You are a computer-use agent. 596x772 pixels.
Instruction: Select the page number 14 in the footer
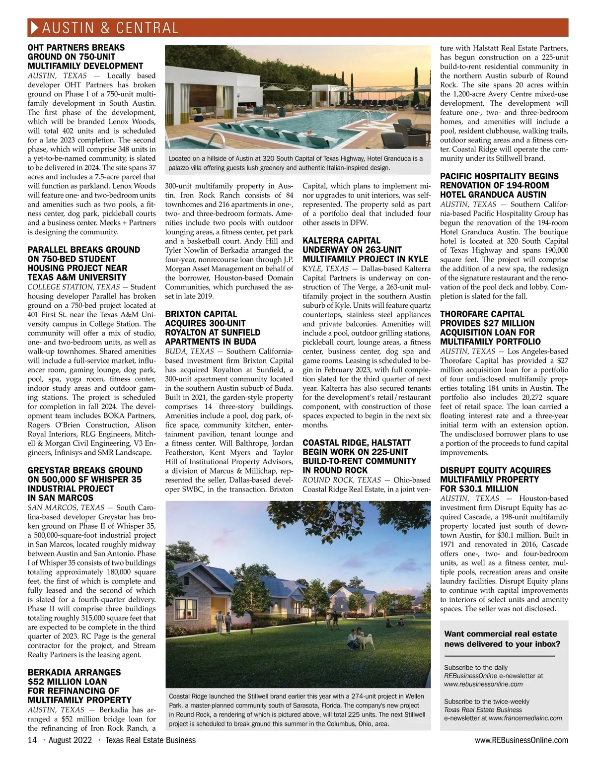pyautogui.click(x=32, y=740)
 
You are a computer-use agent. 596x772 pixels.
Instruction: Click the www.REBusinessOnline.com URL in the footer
pyautogui.click(x=521, y=740)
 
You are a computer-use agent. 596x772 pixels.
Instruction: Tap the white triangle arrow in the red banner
pyautogui.click(x=34, y=27)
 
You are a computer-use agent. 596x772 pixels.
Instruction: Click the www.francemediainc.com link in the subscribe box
pyautogui.click(x=525, y=718)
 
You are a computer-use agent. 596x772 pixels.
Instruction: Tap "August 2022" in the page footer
pyautogui.click(x=67, y=740)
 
